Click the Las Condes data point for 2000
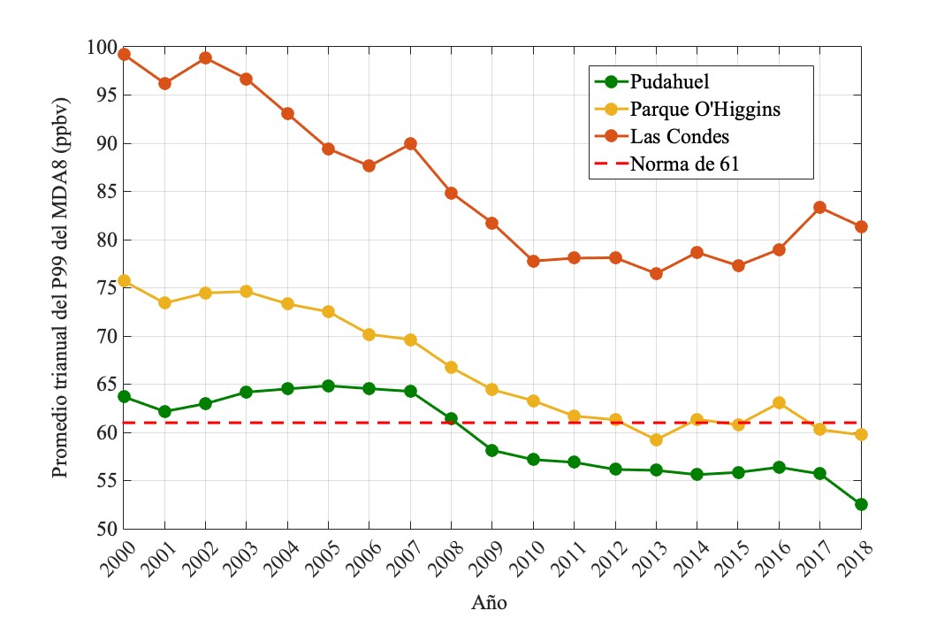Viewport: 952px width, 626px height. coord(124,54)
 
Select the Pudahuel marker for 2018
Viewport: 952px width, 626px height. coord(861,504)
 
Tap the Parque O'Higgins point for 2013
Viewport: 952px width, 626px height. coord(656,439)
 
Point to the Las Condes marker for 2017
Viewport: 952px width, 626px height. coord(820,207)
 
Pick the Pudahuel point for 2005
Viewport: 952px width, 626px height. coord(329,386)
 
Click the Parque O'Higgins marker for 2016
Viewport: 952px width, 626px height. coord(779,402)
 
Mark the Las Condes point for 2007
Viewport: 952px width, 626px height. coord(410,143)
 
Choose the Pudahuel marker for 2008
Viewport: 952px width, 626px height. coord(451,418)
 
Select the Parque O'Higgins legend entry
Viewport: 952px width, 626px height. coord(705,110)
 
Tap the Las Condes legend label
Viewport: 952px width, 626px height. coord(680,137)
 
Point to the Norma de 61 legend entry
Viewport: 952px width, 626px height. coord(685,164)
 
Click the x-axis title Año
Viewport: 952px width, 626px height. coord(489,604)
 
